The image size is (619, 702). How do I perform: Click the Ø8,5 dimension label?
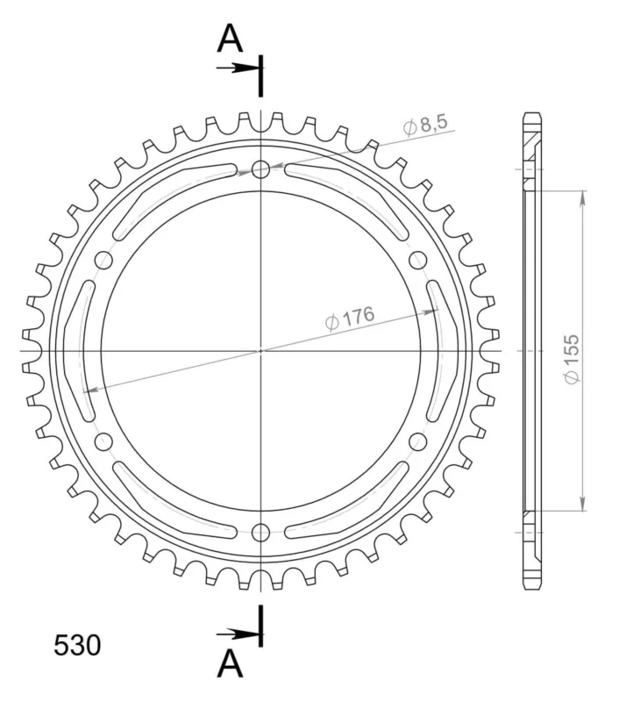pyautogui.click(x=424, y=125)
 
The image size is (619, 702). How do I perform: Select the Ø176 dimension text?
pyautogui.click(x=349, y=318)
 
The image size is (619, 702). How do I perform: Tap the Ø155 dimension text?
pyautogui.click(x=572, y=359)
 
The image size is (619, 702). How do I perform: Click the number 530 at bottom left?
pyautogui.click(x=77, y=646)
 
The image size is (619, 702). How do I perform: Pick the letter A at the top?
pyautogui.click(x=230, y=39)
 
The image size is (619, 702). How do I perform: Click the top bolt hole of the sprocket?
pyautogui.click(x=260, y=169)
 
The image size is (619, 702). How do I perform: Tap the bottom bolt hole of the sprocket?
pyautogui.click(x=260, y=533)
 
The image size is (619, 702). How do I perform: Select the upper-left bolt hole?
pyautogui.click(x=103, y=260)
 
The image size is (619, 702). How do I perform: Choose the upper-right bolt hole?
pyautogui.click(x=417, y=260)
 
